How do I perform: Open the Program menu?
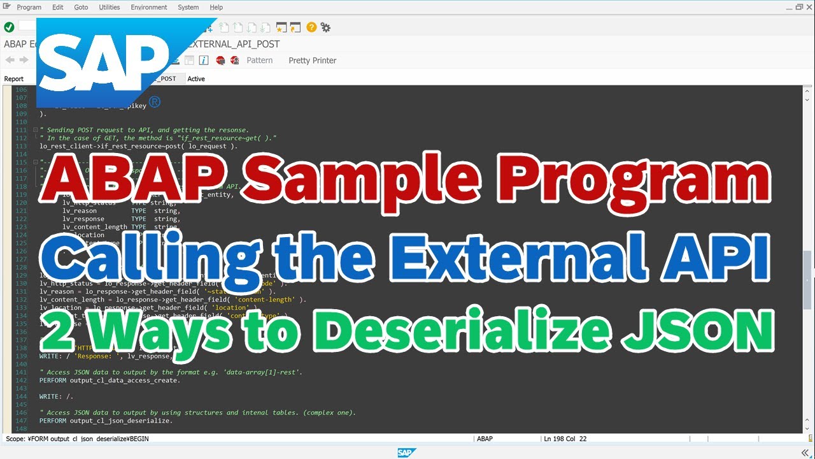click(29, 7)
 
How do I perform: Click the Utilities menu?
click(109, 7)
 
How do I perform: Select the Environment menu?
click(148, 7)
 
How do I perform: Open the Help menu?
click(216, 7)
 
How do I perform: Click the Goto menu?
click(81, 7)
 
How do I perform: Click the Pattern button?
click(259, 61)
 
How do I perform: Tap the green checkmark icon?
click(9, 27)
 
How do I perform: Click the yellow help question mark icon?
click(311, 27)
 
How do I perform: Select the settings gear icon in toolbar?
click(325, 27)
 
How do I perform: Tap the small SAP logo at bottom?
click(406, 453)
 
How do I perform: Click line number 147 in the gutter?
click(21, 421)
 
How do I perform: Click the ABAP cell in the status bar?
click(485, 439)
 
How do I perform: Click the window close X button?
click(807, 7)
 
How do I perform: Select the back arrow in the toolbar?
click(10, 61)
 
